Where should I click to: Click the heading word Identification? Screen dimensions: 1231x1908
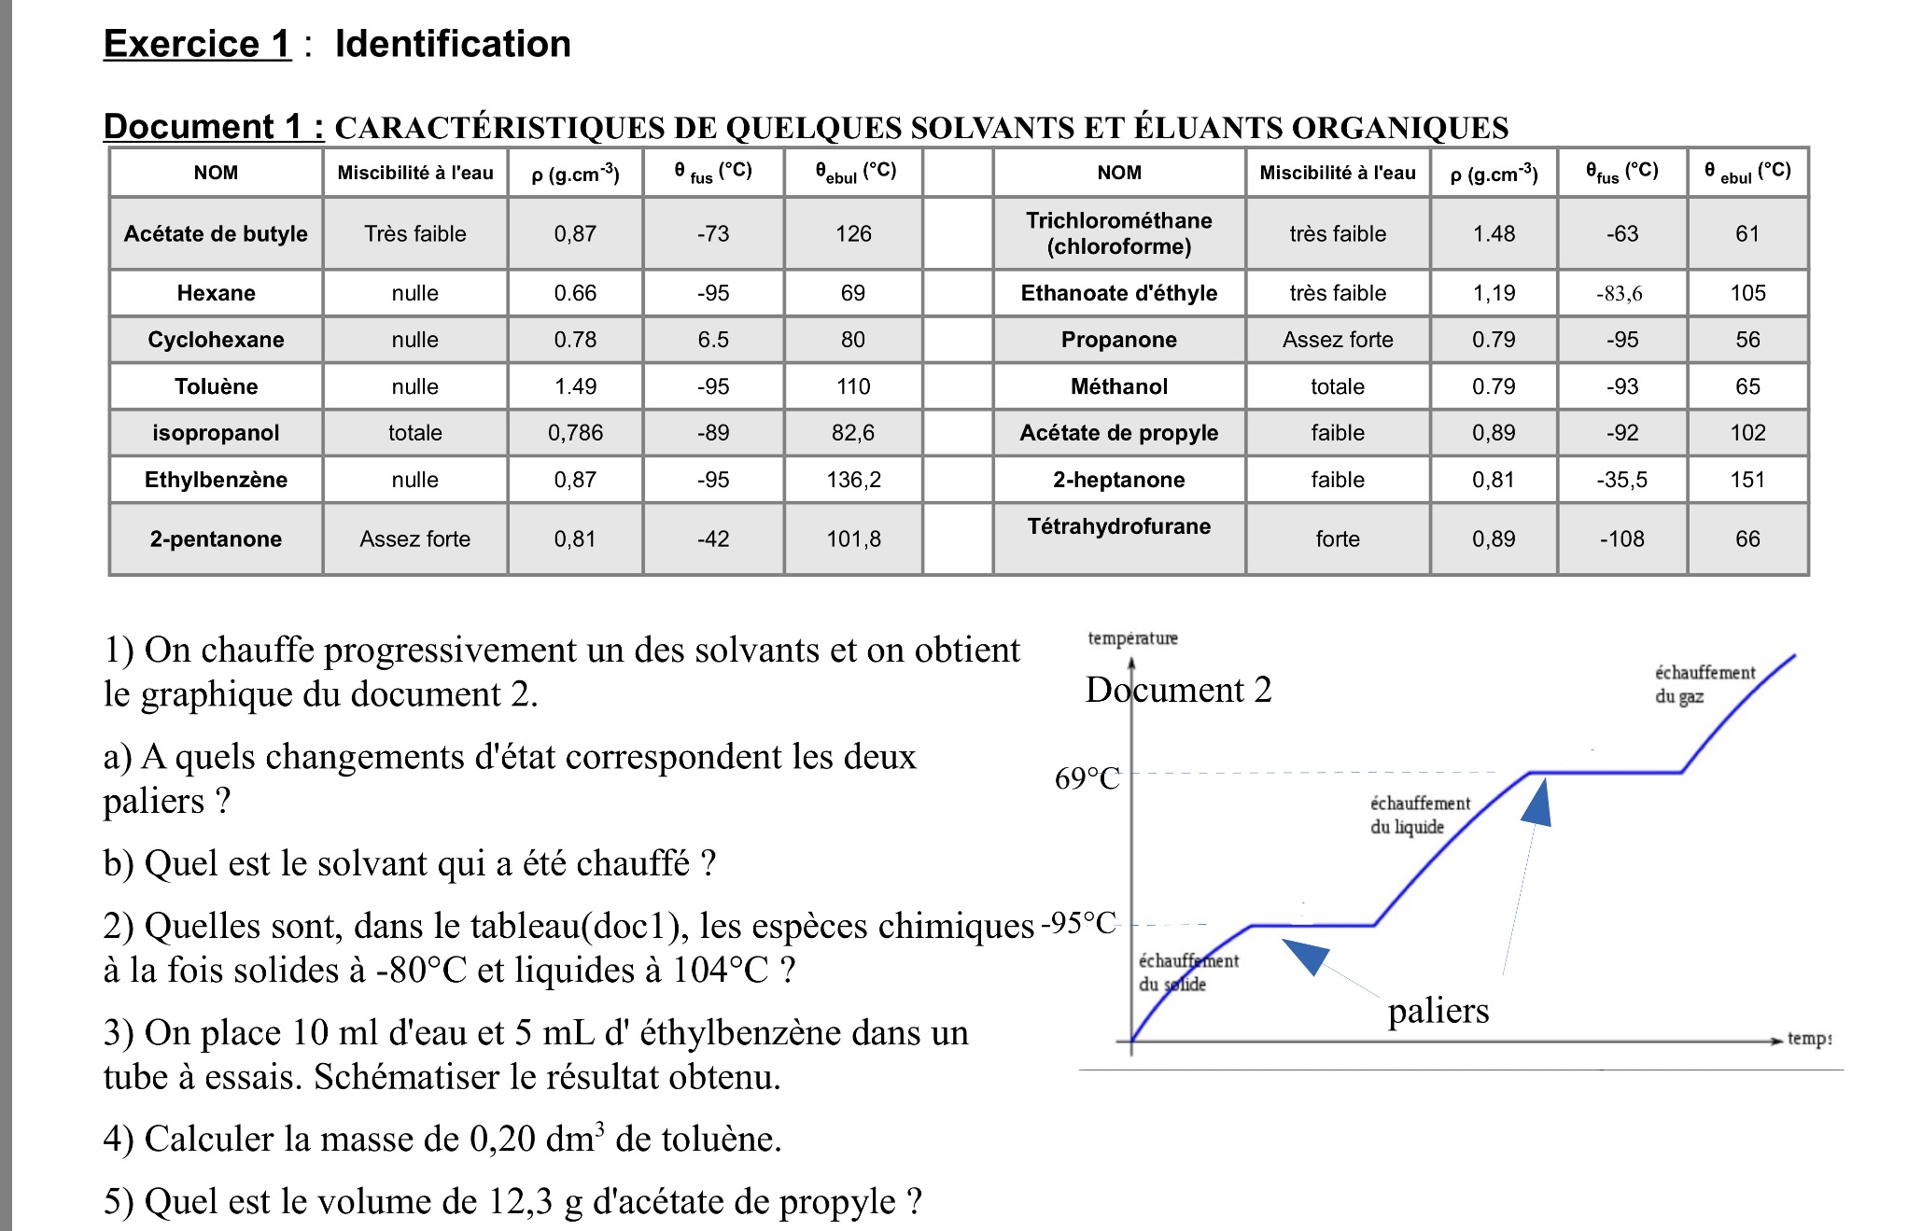(453, 44)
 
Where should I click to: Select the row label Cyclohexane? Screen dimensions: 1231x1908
(216, 340)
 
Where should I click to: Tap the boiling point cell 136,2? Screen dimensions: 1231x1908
(853, 480)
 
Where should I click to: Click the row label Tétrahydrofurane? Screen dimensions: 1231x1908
(1118, 526)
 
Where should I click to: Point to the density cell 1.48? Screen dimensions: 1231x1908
(1494, 233)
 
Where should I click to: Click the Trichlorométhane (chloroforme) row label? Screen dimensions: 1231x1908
(1118, 233)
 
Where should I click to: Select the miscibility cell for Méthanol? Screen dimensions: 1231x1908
(1337, 386)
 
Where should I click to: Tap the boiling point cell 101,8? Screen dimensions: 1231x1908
(853, 539)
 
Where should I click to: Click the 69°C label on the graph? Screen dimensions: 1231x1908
(1087, 778)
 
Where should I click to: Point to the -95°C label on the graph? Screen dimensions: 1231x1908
(1079, 923)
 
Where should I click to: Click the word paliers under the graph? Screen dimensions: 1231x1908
(1438, 1011)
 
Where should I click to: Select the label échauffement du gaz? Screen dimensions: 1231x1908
(1704, 684)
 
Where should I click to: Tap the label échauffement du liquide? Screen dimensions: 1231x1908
(1419, 815)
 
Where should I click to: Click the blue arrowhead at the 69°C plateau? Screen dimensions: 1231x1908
(1537, 805)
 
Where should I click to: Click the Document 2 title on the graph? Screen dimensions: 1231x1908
(1178, 690)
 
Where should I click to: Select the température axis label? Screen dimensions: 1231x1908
(1132, 638)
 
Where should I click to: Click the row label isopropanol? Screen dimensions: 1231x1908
(216, 433)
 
